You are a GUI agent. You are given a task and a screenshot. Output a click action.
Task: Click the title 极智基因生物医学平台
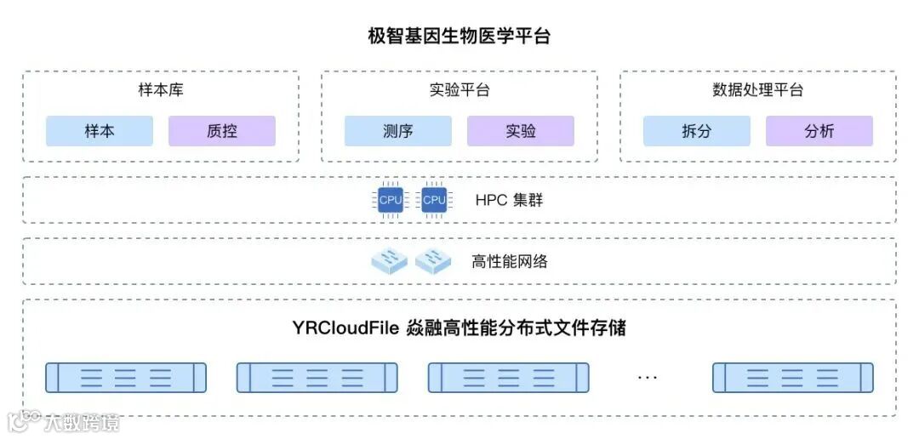tap(459, 37)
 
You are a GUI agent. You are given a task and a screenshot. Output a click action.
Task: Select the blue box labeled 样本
tap(100, 131)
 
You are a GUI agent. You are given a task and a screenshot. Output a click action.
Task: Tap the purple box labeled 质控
tap(222, 131)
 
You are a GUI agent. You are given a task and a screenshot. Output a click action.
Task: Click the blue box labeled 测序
tap(398, 131)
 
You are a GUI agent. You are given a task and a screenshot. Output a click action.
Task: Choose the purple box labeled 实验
tap(521, 131)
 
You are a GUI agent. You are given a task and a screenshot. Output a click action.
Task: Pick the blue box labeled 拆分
tap(697, 131)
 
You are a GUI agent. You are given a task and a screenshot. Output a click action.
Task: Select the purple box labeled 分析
tap(819, 131)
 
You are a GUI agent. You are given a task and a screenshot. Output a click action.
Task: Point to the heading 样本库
tap(160, 90)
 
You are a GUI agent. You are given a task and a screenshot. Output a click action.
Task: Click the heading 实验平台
tap(459, 90)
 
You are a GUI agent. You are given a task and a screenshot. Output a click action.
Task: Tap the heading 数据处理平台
tap(757, 90)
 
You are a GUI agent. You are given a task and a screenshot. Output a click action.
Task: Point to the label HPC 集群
tap(509, 201)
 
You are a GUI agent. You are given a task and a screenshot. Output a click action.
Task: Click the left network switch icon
tap(390, 261)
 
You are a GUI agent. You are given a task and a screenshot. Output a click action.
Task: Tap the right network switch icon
tap(433, 261)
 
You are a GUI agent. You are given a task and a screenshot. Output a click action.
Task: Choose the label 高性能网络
tap(510, 261)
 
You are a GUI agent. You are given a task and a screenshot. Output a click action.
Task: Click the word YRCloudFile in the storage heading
tap(345, 328)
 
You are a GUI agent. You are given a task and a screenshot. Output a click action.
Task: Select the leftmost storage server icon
tap(126, 377)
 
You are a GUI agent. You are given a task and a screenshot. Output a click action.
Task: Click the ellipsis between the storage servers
tap(648, 377)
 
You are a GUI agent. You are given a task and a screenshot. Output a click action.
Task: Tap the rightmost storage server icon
tap(793, 377)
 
